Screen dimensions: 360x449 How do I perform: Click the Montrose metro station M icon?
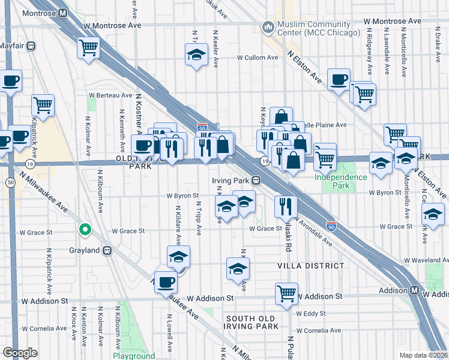pos(63,13)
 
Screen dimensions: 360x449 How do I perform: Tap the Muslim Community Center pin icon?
pos(267,27)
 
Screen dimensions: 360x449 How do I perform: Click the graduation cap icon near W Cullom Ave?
pos(195,56)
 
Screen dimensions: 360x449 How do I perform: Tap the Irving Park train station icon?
pos(256,180)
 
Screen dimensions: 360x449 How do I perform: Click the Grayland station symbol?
pos(107,251)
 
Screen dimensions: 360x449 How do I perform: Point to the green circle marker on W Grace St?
pos(85,229)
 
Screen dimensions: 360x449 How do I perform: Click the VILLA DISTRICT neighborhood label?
pos(311,265)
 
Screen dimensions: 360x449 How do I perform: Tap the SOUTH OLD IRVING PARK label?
pos(252,322)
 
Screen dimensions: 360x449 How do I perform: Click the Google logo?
pos(20,352)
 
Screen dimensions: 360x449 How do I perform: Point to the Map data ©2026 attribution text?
pos(423,355)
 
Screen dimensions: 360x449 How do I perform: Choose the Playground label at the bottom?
pos(133,355)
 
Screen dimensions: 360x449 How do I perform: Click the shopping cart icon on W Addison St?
pos(286,293)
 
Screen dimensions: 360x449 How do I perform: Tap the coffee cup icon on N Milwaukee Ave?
pos(166,281)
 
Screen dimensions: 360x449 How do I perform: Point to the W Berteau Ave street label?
pos(110,95)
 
